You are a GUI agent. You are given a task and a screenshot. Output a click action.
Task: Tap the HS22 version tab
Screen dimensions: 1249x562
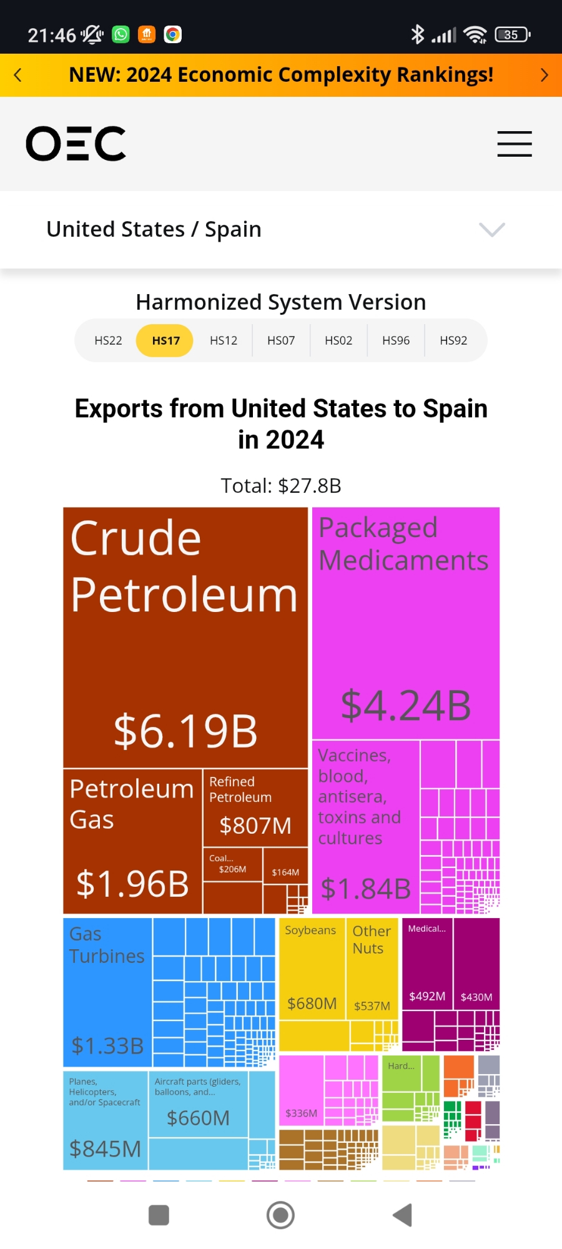coord(108,340)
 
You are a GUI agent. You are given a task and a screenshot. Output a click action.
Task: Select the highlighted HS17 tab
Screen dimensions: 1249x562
coord(165,340)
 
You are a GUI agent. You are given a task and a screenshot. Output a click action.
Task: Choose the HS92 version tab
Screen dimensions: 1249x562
coord(453,340)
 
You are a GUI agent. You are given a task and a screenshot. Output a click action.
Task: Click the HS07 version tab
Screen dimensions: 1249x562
coord(281,340)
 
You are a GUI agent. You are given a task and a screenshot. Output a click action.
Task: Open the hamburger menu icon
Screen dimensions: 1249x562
coord(515,144)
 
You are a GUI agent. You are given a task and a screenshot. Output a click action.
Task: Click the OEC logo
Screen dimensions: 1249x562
coord(76,144)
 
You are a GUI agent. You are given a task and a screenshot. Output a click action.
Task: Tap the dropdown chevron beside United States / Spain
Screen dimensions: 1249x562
coord(492,229)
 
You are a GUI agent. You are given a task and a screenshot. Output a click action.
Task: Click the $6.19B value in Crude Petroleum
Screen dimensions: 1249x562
coord(185,731)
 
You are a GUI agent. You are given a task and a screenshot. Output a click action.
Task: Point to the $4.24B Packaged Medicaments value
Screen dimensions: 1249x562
coord(406,706)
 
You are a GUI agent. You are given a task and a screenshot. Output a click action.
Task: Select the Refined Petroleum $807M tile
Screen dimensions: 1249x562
coord(255,808)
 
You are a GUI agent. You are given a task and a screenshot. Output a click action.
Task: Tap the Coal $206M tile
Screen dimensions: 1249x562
coord(232,864)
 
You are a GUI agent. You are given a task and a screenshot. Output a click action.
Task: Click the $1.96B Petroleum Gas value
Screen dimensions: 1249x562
coord(132,883)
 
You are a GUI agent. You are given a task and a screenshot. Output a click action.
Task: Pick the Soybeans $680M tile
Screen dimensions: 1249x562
coord(312,968)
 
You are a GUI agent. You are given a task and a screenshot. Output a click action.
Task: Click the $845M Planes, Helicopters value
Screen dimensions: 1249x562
coord(105,1148)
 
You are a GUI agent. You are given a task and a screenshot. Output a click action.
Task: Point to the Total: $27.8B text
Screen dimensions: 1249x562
coord(281,485)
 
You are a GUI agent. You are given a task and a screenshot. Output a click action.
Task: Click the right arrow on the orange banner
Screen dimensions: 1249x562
coord(544,75)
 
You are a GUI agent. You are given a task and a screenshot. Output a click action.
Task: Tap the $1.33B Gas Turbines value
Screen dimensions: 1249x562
coord(107,1045)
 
